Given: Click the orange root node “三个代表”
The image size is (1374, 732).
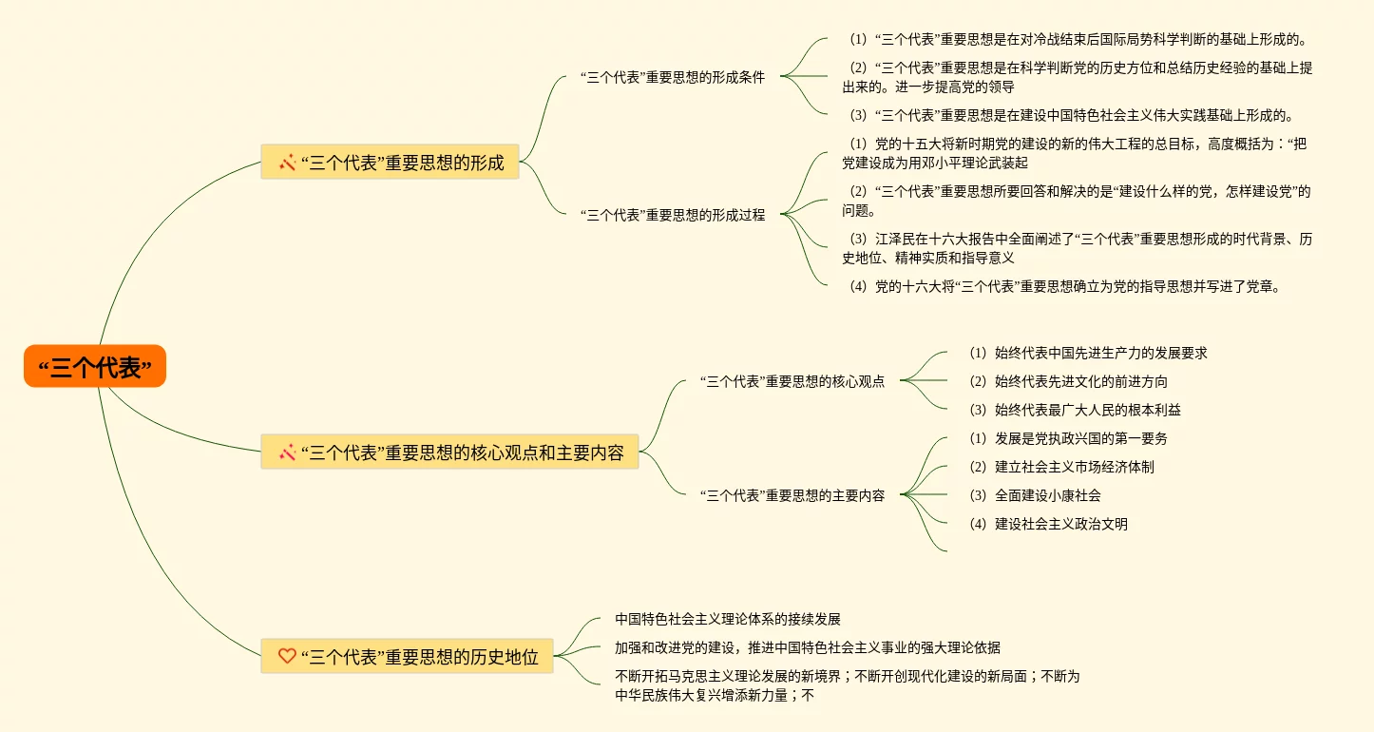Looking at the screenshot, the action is point(95,367).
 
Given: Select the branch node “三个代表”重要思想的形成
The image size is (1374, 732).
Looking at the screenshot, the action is point(390,163).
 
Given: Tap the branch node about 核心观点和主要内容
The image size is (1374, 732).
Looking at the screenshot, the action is point(449,453).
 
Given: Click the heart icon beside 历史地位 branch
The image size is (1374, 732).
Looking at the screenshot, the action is point(287,656).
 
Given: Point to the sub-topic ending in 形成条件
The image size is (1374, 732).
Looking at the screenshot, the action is point(672,78).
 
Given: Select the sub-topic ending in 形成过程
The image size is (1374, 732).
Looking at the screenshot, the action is point(672,215).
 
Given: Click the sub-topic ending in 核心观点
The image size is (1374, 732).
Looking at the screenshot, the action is point(792,381).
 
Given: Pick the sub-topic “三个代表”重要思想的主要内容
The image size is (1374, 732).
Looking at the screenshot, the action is point(792,495).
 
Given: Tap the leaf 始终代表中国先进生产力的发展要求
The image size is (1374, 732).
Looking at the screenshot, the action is point(1087,353).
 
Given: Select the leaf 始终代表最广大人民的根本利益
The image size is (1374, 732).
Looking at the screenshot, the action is point(1074,410).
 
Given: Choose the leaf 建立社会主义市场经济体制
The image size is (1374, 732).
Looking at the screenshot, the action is point(1060,467).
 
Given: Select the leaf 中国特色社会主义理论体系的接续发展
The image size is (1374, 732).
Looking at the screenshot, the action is point(727,619).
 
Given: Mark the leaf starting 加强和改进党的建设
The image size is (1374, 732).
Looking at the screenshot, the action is point(807,647).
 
